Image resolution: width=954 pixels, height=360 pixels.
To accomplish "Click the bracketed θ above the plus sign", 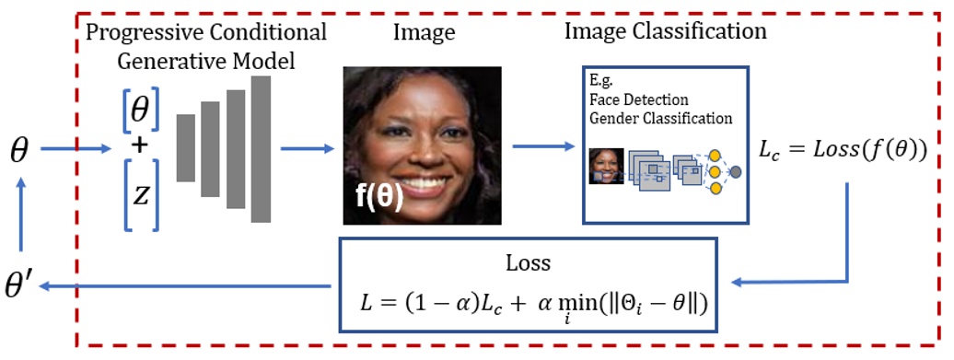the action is [138, 111].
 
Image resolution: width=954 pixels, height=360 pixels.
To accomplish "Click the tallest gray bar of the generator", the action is [261, 149].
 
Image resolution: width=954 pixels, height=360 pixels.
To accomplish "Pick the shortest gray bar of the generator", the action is [187, 155].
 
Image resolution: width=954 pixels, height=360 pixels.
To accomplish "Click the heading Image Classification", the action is [667, 32].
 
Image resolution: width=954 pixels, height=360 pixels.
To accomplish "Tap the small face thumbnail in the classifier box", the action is [607, 166].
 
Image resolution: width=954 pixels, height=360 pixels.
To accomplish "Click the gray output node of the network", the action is [736, 172].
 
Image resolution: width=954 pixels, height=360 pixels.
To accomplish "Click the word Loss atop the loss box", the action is [528, 262].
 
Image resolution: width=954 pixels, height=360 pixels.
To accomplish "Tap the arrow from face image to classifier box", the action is [542, 146].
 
